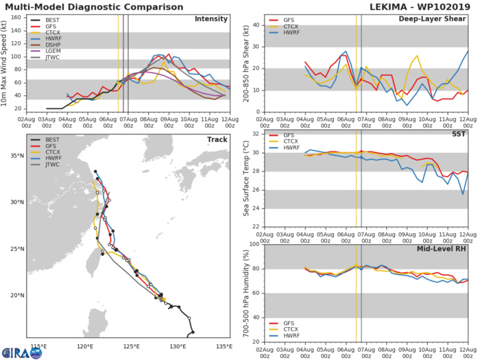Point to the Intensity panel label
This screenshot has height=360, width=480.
[211, 19]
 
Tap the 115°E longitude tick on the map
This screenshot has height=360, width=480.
[38, 346]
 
